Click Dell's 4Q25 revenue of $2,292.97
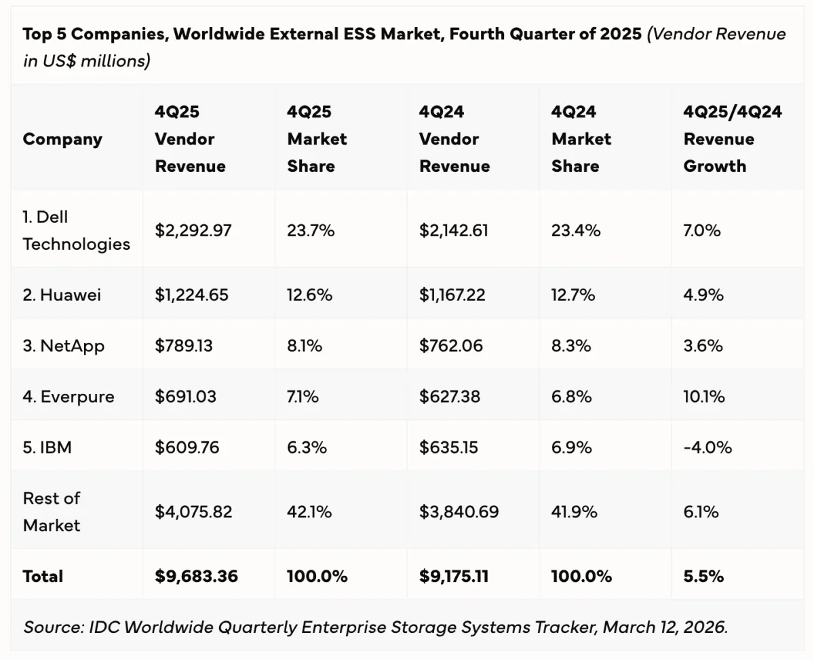[193, 230]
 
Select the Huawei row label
[61, 295]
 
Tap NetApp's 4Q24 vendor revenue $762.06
[451, 346]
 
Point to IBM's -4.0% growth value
[708, 447]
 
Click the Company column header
[62, 139]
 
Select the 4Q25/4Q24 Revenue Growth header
[733, 139]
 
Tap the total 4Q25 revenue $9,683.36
[197, 576]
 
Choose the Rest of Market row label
[52, 511]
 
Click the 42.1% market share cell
[309, 511]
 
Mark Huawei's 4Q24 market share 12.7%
[573, 295]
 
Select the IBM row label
[47, 447]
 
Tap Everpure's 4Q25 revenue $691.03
[186, 397]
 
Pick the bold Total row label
[43, 576]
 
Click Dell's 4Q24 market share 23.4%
[576, 230]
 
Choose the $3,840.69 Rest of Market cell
[459, 511]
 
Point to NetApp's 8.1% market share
[305, 346]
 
